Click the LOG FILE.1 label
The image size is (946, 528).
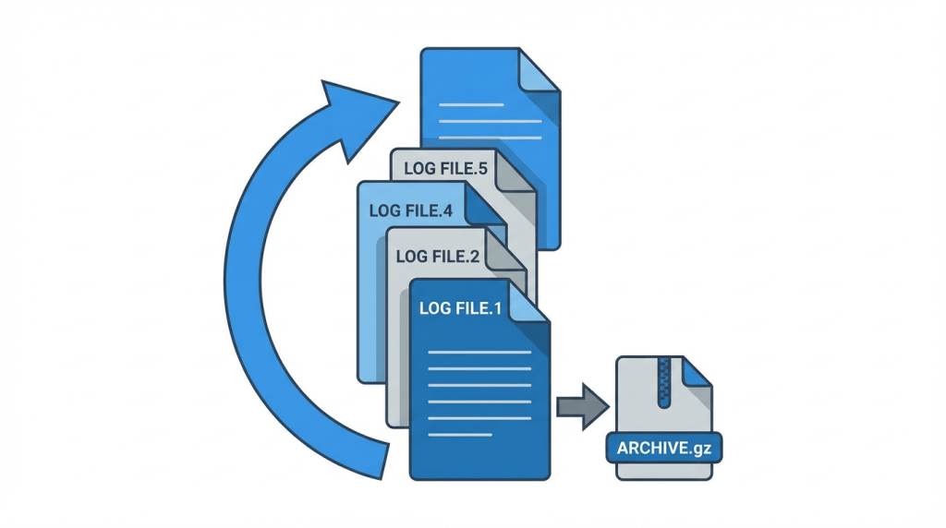coord(460,308)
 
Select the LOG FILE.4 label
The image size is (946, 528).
coord(410,210)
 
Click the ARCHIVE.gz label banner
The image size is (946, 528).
coord(664,449)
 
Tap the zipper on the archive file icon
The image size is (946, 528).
coord(661,382)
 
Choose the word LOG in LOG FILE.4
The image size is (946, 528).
coord(384,210)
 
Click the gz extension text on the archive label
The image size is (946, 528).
coord(704,450)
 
